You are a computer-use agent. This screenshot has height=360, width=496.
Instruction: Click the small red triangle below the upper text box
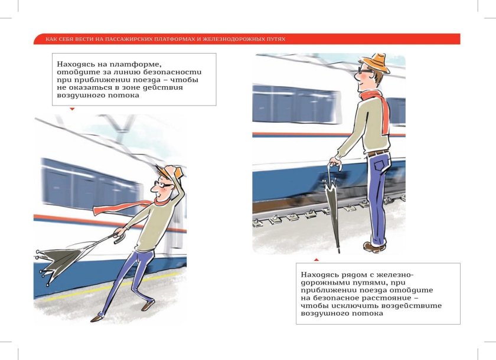[x=72, y=109]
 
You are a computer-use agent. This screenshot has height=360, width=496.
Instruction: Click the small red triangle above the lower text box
[x=316, y=259]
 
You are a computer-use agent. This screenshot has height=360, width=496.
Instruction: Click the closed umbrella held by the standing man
[x=334, y=207]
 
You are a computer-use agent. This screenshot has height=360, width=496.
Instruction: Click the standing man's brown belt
[x=378, y=152]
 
